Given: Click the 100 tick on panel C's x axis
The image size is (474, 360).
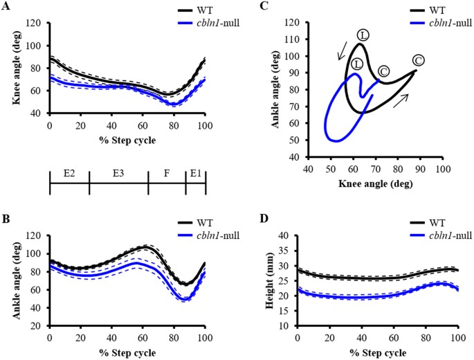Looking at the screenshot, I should [440, 169].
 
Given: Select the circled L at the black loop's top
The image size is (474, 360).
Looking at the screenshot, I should [363, 35].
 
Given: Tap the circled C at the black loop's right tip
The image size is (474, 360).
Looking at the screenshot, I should [419, 60].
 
